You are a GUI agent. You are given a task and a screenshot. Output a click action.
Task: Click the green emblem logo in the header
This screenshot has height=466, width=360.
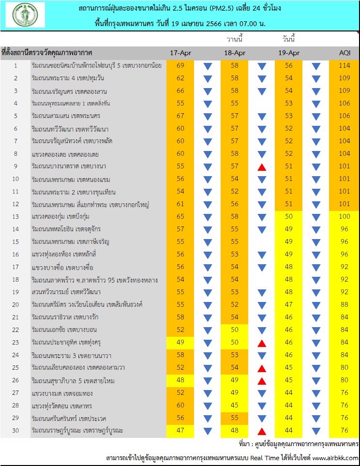tap(25, 15)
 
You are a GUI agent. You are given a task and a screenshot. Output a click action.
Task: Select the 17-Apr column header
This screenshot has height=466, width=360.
tap(180, 53)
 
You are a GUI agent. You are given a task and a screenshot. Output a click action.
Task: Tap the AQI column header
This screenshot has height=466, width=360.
tap(344, 53)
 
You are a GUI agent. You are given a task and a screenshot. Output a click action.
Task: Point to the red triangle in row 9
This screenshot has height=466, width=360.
tap(262, 166)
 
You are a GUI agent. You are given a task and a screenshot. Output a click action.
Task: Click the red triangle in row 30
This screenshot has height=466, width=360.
tap(262, 431)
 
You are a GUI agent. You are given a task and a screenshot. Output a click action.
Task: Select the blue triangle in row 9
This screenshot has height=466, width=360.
tap(316, 166)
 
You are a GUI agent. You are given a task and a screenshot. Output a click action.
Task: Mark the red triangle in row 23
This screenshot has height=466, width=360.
tap(262, 343)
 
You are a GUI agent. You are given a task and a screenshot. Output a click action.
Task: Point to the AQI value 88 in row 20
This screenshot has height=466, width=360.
tap(344, 305)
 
